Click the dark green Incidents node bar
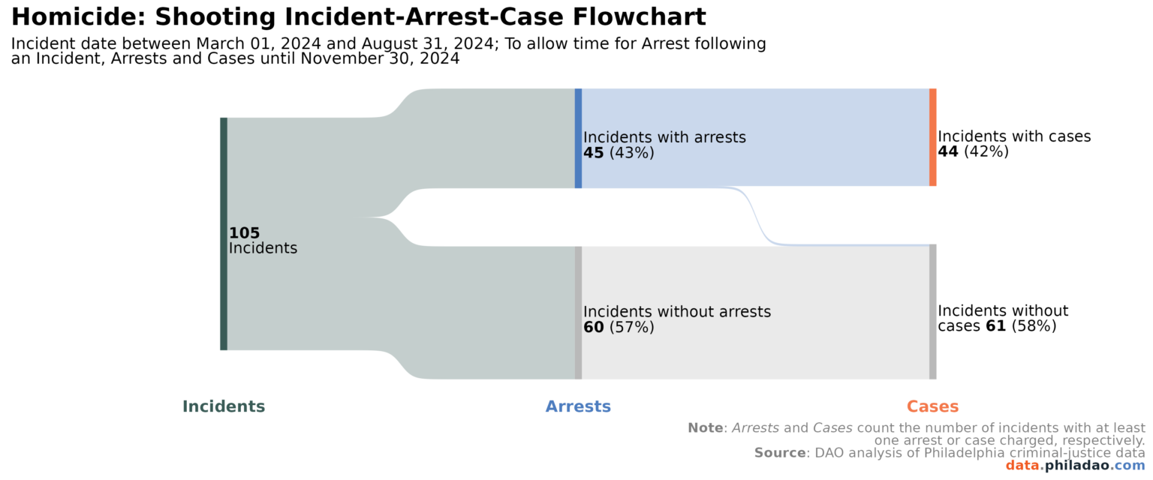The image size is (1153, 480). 224,233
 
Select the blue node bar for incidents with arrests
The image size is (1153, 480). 578,138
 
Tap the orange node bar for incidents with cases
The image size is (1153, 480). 932,137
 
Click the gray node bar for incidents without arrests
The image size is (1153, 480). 578,312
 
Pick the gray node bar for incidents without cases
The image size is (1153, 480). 932,311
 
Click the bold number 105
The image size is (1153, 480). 244,233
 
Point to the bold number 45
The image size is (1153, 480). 593,153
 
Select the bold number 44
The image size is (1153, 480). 947,151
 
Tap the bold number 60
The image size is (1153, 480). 593,328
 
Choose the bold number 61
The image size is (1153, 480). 995,326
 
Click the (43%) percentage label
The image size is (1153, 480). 631,153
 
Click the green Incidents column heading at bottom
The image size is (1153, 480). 224,406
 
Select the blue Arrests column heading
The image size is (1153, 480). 578,406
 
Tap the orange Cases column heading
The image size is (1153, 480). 932,406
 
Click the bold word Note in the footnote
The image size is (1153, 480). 705,427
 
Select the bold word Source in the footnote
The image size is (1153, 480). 779,453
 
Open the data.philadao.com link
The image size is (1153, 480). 1075,466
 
